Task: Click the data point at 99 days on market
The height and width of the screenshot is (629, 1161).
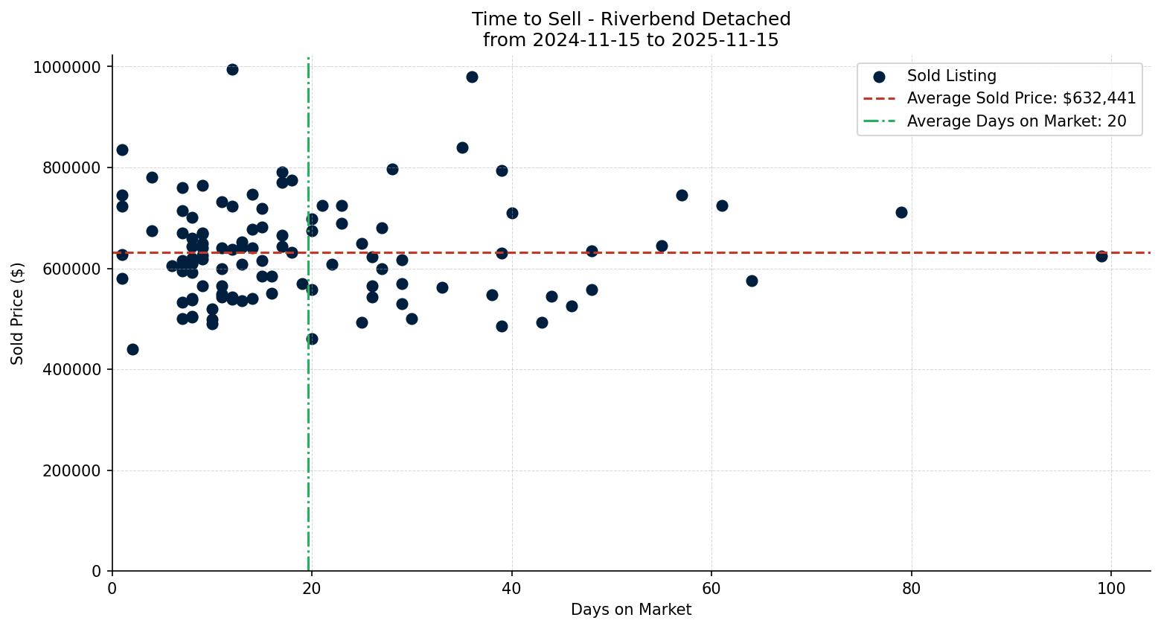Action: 1101,256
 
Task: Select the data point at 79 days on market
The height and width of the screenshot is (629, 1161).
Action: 901,212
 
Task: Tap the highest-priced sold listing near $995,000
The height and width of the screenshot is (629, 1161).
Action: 232,69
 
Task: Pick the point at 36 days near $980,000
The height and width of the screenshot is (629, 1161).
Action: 472,77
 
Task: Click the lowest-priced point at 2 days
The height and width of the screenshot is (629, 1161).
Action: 132,349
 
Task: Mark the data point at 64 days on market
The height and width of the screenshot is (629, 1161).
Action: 752,281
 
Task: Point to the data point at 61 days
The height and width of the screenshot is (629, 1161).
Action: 722,205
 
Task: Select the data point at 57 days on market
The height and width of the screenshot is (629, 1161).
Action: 682,195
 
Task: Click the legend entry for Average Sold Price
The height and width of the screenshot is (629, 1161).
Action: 1021,98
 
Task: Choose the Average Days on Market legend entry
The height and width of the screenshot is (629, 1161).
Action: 1016,121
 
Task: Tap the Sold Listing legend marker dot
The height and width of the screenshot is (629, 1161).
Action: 879,77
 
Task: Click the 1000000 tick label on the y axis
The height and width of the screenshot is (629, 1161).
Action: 67,67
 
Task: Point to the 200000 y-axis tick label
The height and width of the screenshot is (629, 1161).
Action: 71,470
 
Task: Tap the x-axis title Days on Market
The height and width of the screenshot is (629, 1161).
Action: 631,610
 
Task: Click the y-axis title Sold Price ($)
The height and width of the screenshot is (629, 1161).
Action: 17,313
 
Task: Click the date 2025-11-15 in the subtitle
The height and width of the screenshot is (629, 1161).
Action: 723,40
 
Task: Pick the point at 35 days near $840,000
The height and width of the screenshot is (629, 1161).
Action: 462,147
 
